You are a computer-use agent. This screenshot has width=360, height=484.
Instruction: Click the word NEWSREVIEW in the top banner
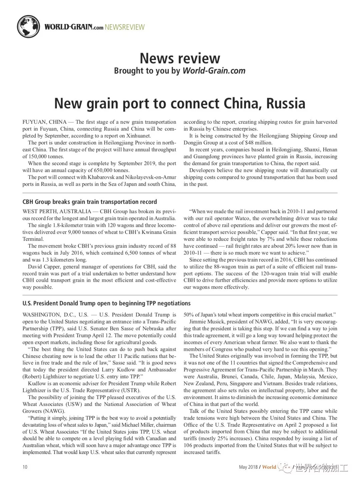(125, 27)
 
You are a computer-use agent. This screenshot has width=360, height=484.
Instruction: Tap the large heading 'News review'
(180, 58)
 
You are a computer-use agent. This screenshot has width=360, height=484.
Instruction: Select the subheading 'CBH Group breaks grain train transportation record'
(90, 202)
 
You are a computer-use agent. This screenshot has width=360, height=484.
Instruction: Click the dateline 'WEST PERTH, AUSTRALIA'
(57, 211)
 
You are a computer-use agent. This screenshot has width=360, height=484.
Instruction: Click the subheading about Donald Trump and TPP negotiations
(106, 303)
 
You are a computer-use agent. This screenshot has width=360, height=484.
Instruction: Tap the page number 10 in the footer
(25, 467)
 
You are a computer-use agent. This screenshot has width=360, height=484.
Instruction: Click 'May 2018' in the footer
(248, 467)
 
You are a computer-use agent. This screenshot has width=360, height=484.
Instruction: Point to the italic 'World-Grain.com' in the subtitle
(214, 71)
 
